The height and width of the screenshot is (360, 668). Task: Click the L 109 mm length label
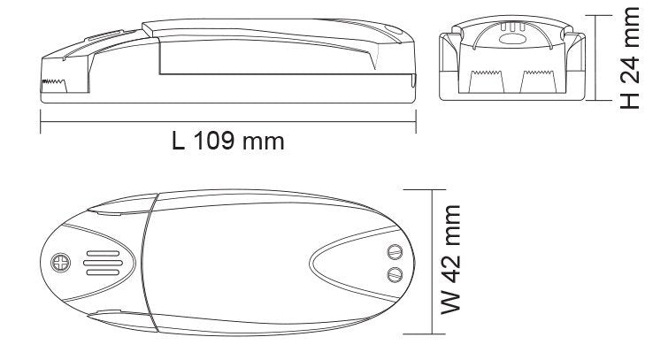click(x=228, y=141)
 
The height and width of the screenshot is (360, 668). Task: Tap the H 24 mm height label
click(x=630, y=58)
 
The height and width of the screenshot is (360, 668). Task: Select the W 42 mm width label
click(x=450, y=260)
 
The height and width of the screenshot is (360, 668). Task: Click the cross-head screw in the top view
click(x=61, y=263)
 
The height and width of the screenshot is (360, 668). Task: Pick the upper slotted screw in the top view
click(x=395, y=252)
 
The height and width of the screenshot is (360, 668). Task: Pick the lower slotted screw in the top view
click(x=395, y=274)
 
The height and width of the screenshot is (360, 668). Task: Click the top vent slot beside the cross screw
click(x=104, y=254)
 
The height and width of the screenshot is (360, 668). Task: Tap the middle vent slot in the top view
click(x=104, y=263)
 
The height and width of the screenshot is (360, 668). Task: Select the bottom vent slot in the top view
click(x=104, y=272)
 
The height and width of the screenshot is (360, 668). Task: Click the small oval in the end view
click(x=512, y=40)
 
